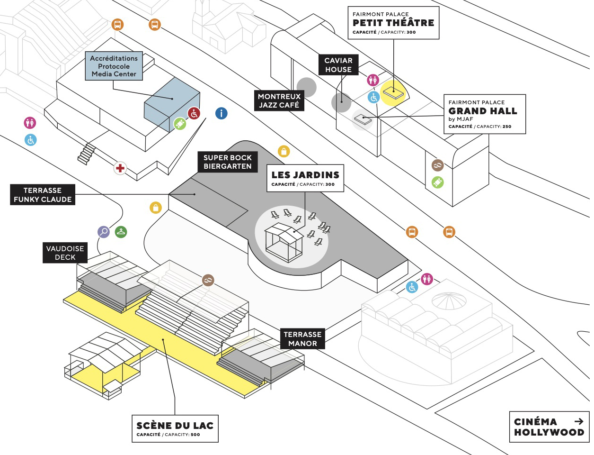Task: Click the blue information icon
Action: point(221,113)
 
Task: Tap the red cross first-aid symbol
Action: point(120,168)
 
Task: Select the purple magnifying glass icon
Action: point(103,232)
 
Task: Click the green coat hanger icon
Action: point(121,232)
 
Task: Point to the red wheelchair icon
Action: point(194,113)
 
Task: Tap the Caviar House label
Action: point(338,65)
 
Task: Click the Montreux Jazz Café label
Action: point(279,100)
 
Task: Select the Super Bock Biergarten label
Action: point(228,162)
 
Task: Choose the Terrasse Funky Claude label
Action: point(43,195)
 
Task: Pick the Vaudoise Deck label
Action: point(65,253)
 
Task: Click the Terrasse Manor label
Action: point(302,339)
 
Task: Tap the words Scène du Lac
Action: point(175,426)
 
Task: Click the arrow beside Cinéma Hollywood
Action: point(578,421)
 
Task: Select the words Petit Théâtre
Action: point(393,23)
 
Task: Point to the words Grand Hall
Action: point(483,111)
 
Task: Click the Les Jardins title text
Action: point(305,175)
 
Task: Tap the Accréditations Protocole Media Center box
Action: point(114,66)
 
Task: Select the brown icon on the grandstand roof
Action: point(208,281)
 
